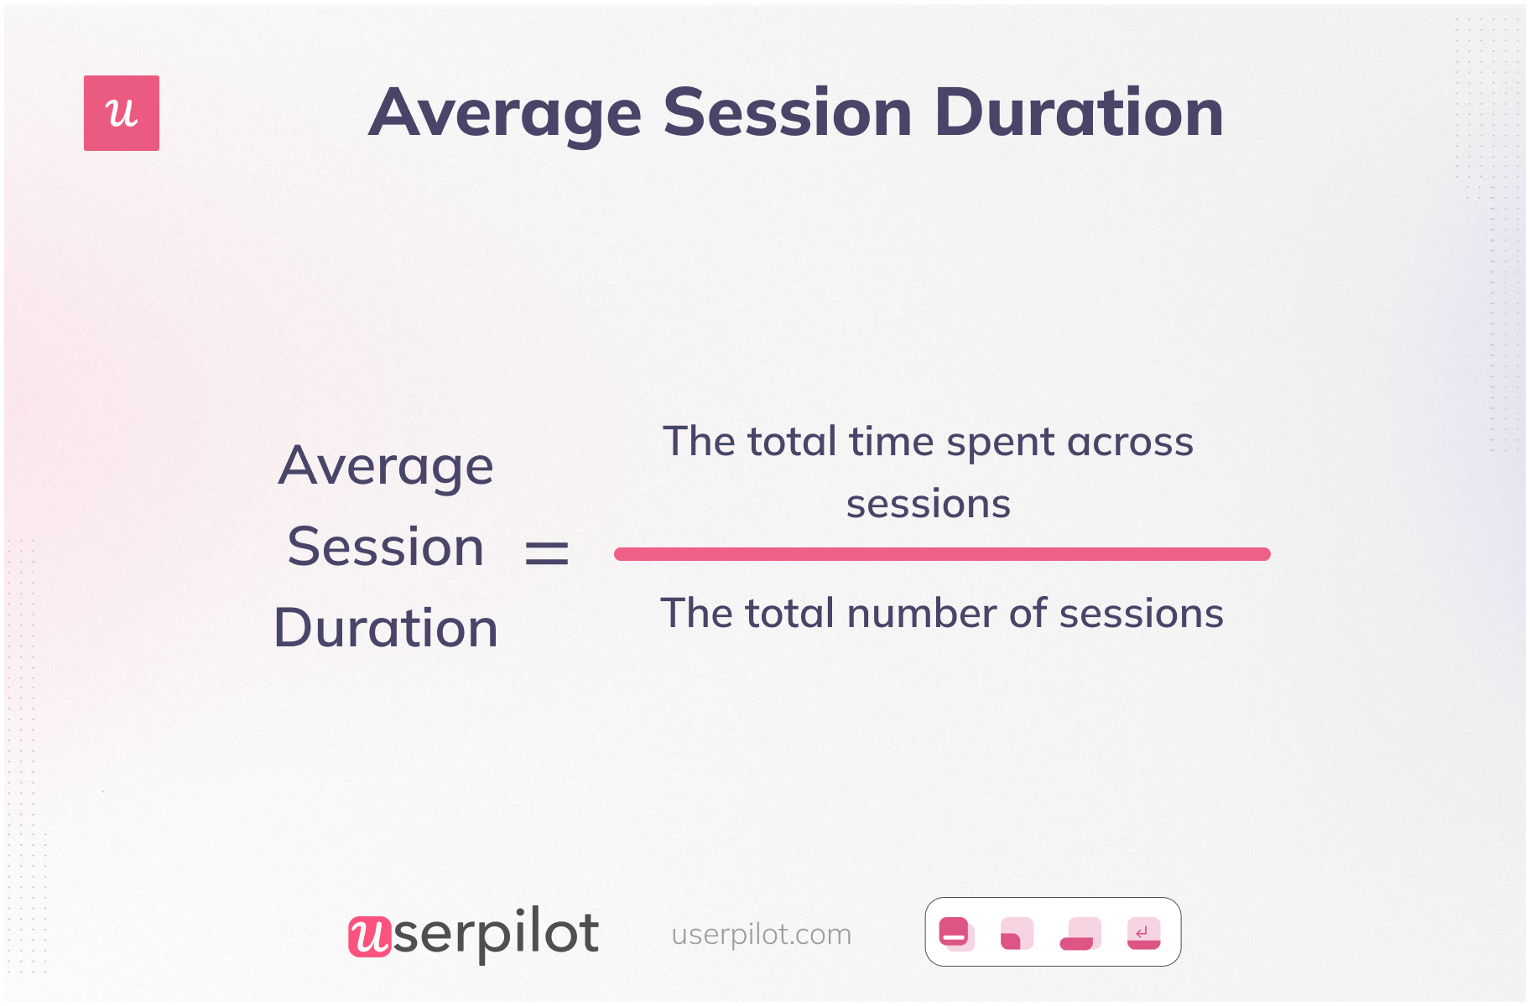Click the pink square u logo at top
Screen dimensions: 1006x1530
coord(122,113)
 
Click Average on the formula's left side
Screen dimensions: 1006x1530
coord(386,466)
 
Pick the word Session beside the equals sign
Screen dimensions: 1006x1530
coord(386,547)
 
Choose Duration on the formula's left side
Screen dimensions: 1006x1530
coord(386,628)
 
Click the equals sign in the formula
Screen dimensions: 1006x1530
coord(547,553)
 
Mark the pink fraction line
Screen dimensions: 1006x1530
coord(942,554)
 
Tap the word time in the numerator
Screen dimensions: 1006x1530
coord(892,442)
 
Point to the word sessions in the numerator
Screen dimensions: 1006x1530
coord(929,505)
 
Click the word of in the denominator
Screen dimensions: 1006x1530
coord(1028,614)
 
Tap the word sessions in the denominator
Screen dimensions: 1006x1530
coord(1142,614)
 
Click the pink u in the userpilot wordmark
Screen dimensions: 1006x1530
coord(370,936)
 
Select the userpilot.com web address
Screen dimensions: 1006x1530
coord(762,934)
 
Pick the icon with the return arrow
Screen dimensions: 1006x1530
coord(1143,933)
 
